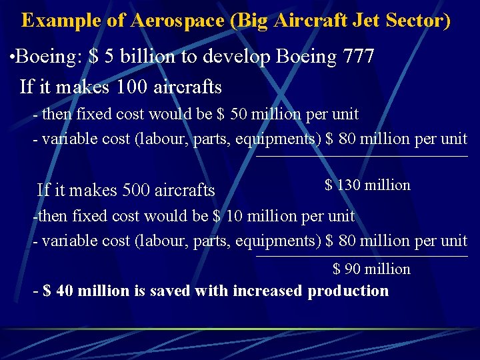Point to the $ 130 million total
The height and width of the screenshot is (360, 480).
point(367,185)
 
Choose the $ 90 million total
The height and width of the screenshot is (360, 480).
point(371,269)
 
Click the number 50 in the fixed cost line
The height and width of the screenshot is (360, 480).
point(239,114)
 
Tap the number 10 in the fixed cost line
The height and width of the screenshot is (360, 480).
point(235,216)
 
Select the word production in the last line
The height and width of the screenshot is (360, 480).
point(348,291)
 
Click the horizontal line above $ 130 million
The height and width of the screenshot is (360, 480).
point(362,157)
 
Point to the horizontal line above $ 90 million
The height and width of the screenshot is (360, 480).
point(362,256)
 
